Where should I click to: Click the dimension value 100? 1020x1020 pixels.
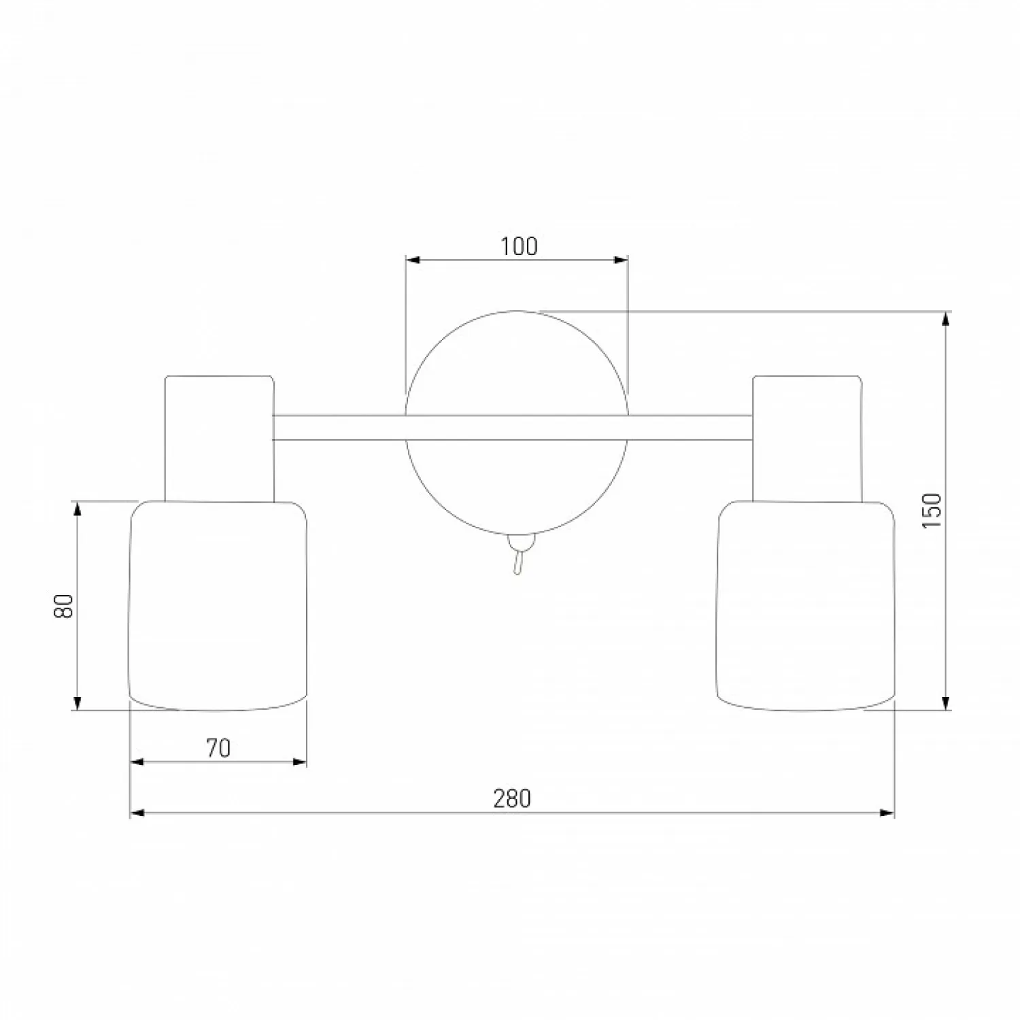pyautogui.click(x=519, y=246)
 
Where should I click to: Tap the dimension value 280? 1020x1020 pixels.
pyautogui.click(x=511, y=798)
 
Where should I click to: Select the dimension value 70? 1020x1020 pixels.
pyautogui.click(x=218, y=748)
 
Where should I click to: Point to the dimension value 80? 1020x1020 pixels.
pyautogui.click(x=63, y=605)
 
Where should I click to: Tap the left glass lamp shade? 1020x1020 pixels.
pyautogui.click(x=218, y=606)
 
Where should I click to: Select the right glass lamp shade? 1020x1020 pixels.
pyautogui.click(x=806, y=606)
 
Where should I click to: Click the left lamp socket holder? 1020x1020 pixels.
pyautogui.click(x=220, y=439)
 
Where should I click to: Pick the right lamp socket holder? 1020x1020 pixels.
pyautogui.click(x=807, y=439)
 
